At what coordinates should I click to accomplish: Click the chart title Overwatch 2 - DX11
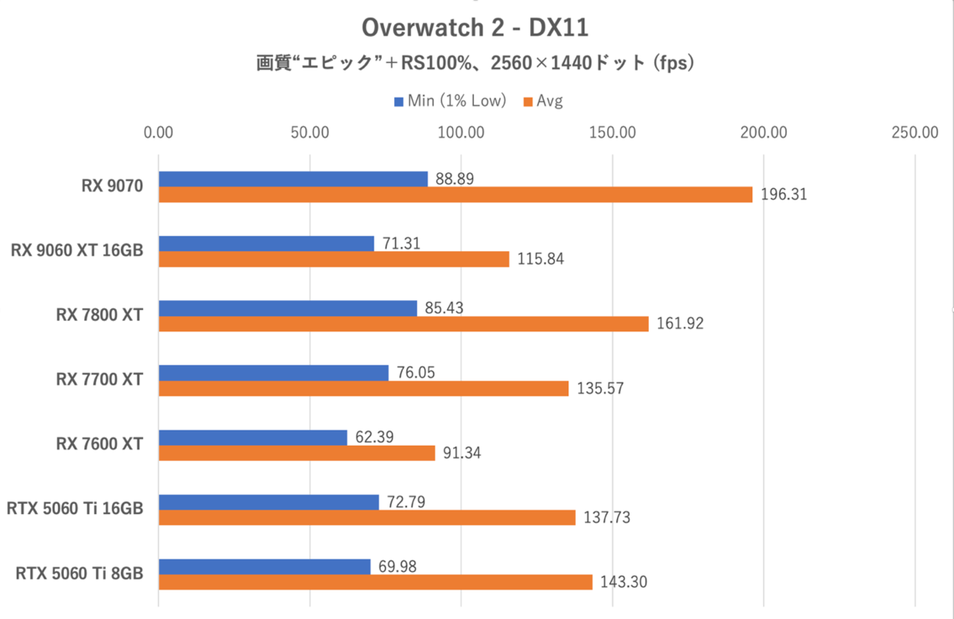pos(475,29)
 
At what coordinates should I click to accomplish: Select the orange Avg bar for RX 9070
pos(456,195)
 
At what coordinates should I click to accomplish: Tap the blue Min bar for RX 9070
pos(293,179)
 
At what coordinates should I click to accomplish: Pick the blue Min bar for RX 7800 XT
pos(288,308)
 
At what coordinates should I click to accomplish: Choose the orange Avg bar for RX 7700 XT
pos(364,389)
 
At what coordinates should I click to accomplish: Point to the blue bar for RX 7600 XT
pos(253,437)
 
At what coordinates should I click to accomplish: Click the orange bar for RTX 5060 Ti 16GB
pos(367,518)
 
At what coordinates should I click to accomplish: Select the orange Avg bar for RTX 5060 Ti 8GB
pos(375,582)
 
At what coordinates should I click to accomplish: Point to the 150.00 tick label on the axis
pos(613,132)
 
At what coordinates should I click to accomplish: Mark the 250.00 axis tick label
pos(915,132)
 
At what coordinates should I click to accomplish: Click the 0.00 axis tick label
pos(159,132)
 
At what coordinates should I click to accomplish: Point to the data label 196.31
pos(783,195)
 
